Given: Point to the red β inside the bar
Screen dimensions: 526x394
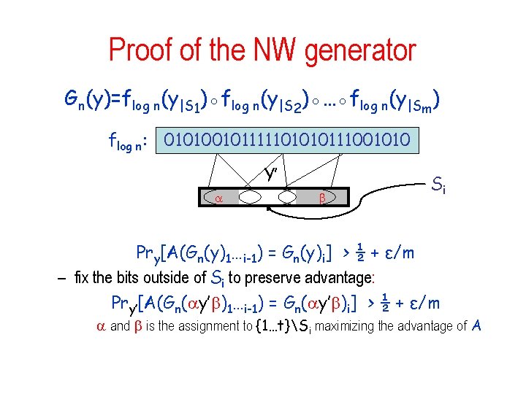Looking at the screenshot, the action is tap(321, 197).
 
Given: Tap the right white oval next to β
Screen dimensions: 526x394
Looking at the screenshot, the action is tap(287, 197).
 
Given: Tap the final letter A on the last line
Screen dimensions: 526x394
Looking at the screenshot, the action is tap(476, 325).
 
